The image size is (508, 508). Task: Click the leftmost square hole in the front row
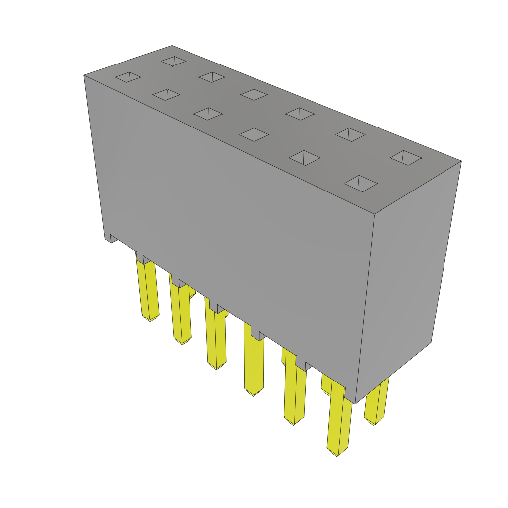128,77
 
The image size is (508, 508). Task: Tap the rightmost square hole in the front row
361,183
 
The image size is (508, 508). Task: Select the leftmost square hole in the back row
173,61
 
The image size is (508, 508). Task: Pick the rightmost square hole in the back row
406,158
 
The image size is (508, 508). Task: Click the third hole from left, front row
208,114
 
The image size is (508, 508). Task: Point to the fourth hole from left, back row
300,114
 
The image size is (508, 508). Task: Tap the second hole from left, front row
166,94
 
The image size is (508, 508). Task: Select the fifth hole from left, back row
350,134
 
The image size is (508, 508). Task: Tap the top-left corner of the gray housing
84,75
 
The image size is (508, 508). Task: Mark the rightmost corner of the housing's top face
461,161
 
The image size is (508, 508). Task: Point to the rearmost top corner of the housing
172,46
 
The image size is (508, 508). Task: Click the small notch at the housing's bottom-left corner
112,239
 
